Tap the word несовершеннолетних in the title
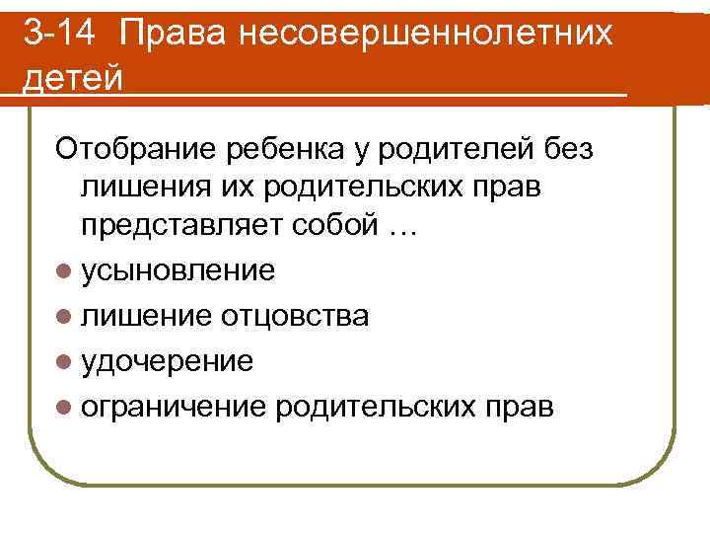(446, 38)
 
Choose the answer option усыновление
(177, 270)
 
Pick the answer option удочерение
(167, 361)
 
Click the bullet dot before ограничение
(64, 408)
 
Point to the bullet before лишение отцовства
(64, 317)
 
